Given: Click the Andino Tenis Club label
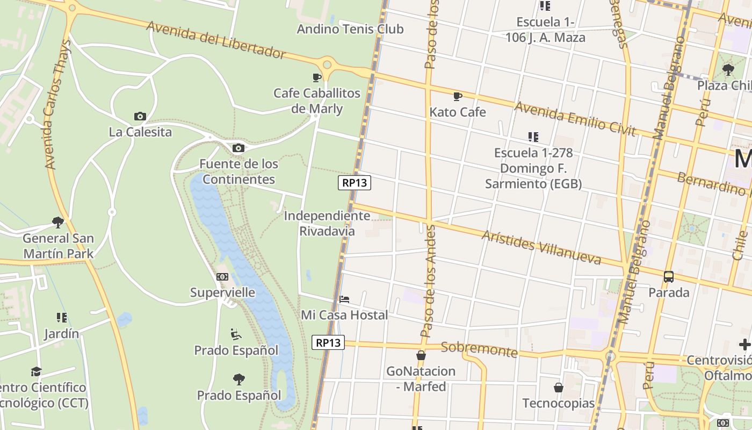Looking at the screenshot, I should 350,29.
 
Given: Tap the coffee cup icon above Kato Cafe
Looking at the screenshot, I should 458,96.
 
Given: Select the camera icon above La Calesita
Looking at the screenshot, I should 140,116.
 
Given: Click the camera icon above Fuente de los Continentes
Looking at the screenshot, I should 238,148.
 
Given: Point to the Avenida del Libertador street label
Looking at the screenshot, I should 216,40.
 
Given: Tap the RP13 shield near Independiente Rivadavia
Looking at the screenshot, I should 355,183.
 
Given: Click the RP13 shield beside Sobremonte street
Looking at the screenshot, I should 328,342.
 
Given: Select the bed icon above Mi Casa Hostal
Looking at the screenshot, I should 344,299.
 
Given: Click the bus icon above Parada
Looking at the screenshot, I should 669,277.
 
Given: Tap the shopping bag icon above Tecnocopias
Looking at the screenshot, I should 559,388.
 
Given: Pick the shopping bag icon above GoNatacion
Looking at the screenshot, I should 421,355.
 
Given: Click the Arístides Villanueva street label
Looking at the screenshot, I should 541,247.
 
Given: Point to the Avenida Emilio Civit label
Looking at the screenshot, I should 575,118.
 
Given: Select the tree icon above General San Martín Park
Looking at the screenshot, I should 58,222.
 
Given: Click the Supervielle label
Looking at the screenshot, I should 223,292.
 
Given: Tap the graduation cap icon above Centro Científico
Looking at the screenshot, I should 36,371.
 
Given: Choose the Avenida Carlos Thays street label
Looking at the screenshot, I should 59,105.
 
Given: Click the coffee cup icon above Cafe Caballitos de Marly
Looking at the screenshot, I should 317,77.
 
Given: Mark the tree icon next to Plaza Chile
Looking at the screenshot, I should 728,69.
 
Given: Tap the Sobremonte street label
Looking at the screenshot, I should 479,349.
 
